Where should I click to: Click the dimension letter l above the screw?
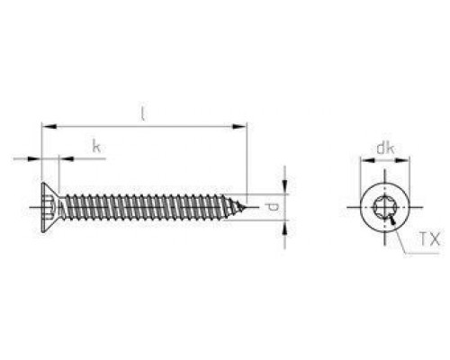tap(142, 114)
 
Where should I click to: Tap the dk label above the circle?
tap(384, 147)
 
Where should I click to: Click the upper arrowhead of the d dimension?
tap(285, 187)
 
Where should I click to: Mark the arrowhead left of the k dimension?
tap(37, 158)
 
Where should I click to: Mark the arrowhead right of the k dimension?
tap(65, 158)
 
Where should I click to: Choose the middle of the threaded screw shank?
tap(148, 208)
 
